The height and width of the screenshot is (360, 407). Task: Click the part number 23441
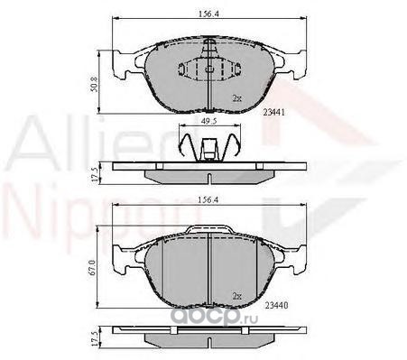click(x=273, y=112)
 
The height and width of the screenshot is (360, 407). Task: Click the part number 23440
click(x=276, y=305)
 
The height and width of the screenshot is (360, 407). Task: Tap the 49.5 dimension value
click(x=209, y=121)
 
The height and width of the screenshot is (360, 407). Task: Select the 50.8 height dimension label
click(x=94, y=84)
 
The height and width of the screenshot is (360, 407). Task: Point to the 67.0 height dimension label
click(x=92, y=268)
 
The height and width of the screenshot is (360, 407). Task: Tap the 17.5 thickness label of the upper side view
click(x=95, y=174)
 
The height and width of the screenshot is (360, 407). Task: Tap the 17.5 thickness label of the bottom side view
click(x=95, y=339)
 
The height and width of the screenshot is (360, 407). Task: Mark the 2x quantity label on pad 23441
click(x=237, y=97)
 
